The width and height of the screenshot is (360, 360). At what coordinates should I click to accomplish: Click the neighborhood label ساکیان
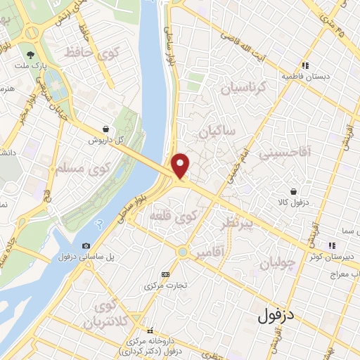click(217, 131)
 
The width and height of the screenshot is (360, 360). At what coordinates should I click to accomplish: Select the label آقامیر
click(210, 252)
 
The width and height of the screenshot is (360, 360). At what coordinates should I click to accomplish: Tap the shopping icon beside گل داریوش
click(105, 129)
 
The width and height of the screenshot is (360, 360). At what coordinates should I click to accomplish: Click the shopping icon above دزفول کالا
click(292, 191)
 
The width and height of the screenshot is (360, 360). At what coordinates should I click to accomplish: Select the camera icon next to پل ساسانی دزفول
click(86, 246)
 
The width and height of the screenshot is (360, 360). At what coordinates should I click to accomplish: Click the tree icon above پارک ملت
click(30, 54)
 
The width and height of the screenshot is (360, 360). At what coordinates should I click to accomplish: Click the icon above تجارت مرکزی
click(165, 274)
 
